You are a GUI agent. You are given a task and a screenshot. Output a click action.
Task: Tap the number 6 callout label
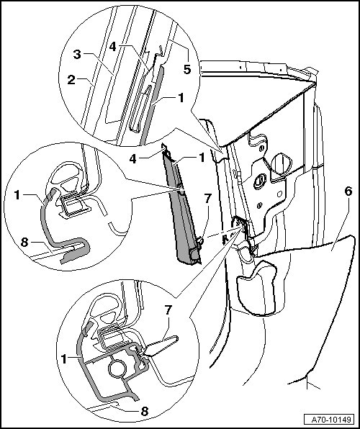pos(348,191)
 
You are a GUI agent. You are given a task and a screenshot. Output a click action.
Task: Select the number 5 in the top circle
pos(187,69)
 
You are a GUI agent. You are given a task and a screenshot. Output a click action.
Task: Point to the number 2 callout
pos(71,80)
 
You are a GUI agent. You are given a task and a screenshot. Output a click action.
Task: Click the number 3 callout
pos(77,54)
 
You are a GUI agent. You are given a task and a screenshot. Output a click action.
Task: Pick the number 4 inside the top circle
pos(112,47)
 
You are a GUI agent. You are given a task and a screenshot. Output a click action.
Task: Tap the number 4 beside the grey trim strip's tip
pos(133,158)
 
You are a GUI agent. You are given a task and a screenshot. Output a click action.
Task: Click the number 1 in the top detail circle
pos(181,98)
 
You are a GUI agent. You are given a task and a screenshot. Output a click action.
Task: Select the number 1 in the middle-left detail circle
pos(17,195)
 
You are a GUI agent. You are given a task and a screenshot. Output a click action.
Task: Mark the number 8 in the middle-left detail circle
pos(24,242)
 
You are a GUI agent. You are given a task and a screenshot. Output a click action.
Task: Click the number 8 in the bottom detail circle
pos(144,411)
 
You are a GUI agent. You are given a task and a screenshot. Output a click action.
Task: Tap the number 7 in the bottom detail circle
pos(168,310)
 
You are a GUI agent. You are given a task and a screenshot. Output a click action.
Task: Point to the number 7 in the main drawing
pos(207,199)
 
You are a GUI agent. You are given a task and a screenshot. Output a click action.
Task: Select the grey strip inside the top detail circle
pos(152,104)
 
